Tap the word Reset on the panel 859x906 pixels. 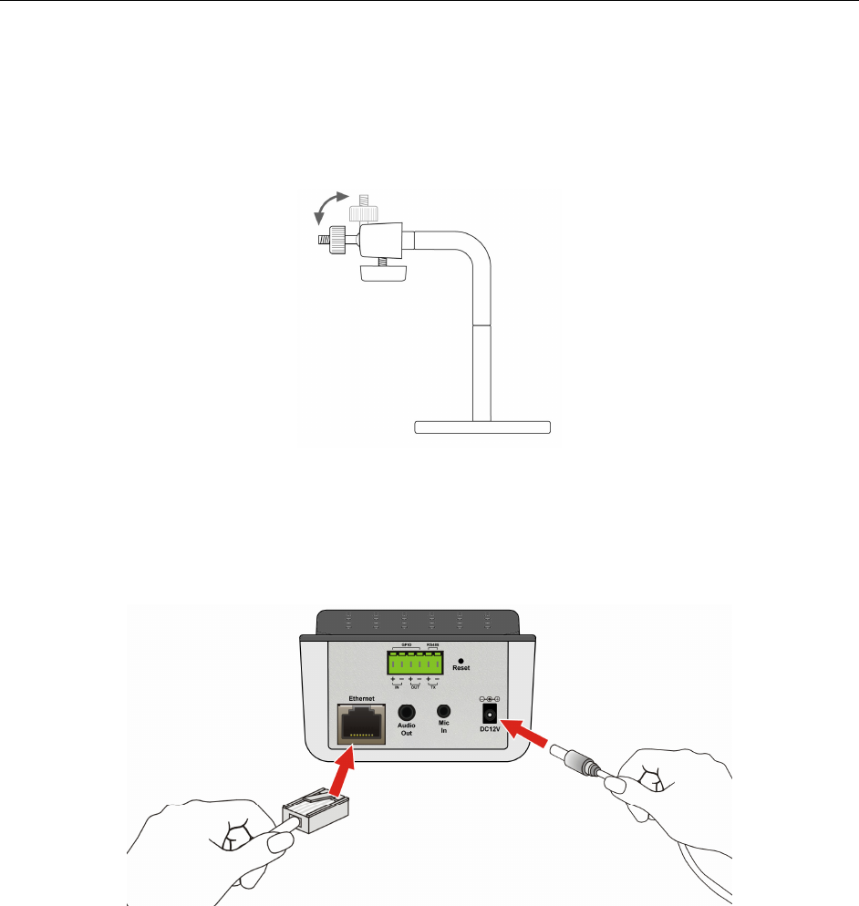pos(461,668)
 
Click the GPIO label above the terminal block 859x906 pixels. pos(406,645)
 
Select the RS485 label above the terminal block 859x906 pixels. pos(432,645)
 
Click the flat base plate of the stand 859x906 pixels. pos(483,427)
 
